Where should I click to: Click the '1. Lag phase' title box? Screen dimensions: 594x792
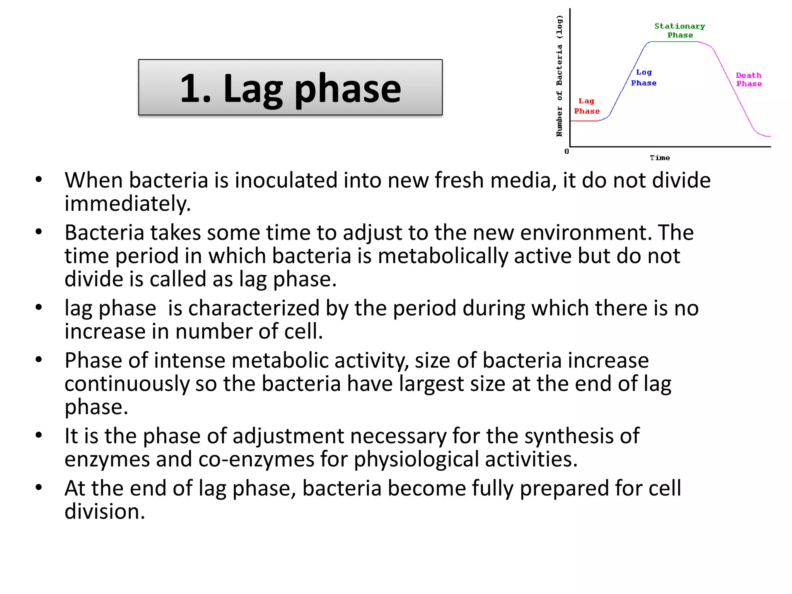click(290, 87)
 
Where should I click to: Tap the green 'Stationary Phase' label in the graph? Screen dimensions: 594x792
click(680, 31)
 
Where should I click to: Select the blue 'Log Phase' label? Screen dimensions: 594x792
click(644, 78)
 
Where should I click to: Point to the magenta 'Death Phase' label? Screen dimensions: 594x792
click(749, 80)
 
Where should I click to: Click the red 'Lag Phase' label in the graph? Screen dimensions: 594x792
click(587, 106)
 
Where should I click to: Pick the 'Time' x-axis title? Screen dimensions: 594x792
click(660, 158)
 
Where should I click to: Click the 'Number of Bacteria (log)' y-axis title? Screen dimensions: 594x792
click(559, 76)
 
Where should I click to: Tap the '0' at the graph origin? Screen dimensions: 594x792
click(567, 152)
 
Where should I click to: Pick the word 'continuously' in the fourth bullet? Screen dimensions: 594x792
click(126, 384)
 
